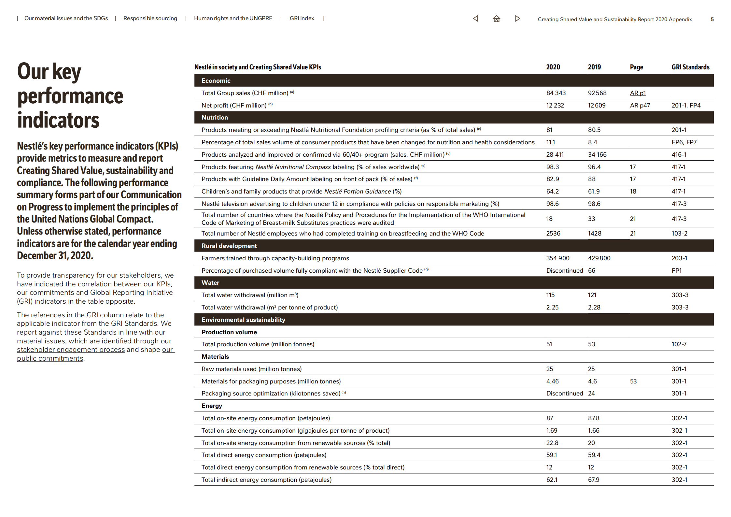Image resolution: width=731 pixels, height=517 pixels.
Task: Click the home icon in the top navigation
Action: pos(496,19)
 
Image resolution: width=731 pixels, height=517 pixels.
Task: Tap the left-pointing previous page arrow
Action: pos(475,19)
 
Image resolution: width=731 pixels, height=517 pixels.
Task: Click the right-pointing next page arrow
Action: pos(517,19)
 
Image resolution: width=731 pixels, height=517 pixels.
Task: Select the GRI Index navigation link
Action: pos(302,18)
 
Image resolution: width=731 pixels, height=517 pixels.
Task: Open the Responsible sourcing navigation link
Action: pos(150,18)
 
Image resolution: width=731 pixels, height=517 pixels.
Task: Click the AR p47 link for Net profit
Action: pos(640,105)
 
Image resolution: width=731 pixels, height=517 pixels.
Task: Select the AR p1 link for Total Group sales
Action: pos(638,93)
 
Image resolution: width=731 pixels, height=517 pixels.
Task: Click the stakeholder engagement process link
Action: pos(71,350)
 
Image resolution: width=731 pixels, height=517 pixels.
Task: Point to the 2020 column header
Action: pos(553,67)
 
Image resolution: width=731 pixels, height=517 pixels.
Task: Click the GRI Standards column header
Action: pos(690,67)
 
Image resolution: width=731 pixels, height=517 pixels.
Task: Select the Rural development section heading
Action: pos(229,246)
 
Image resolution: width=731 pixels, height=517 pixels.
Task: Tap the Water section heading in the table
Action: pos(210,283)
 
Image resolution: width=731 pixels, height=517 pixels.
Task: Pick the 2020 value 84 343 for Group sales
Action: pos(556,93)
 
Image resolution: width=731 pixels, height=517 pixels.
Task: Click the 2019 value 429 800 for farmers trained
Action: pos(599,258)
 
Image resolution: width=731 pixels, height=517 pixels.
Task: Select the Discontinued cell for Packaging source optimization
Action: pos(564,393)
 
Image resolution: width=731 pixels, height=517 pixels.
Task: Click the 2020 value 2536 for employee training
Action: pos(553,233)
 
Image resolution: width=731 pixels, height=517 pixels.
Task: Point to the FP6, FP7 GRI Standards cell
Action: pos(684,142)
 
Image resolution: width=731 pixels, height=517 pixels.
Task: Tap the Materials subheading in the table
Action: pos(215,356)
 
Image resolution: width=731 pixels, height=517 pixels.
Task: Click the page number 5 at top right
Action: pos(712,19)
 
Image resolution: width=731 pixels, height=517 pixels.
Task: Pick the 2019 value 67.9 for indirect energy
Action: pos(594,480)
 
